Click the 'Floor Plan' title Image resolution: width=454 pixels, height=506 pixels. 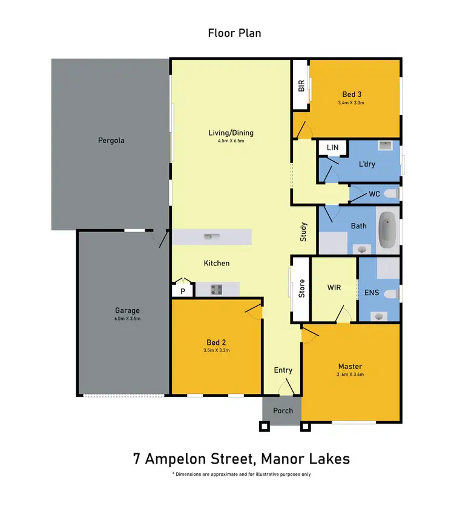pos(235,33)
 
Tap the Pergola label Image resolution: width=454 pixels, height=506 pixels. pos(111,141)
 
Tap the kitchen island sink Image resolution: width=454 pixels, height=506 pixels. pos(211,236)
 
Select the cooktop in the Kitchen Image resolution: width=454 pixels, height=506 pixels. pos(217,290)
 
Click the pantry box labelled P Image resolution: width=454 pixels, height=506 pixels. pos(182,291)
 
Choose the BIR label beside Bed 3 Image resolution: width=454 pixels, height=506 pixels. pos(301,87)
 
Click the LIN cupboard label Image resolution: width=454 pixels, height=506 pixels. pos(332,148)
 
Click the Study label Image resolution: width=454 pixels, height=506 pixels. pos(304,233)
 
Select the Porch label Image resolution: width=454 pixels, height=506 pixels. pos(283,410)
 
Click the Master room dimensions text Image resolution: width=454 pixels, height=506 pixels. pos(350,375)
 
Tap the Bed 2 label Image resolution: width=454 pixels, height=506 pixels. pos(216,342)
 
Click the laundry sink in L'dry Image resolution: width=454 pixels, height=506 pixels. pos(385,146)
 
